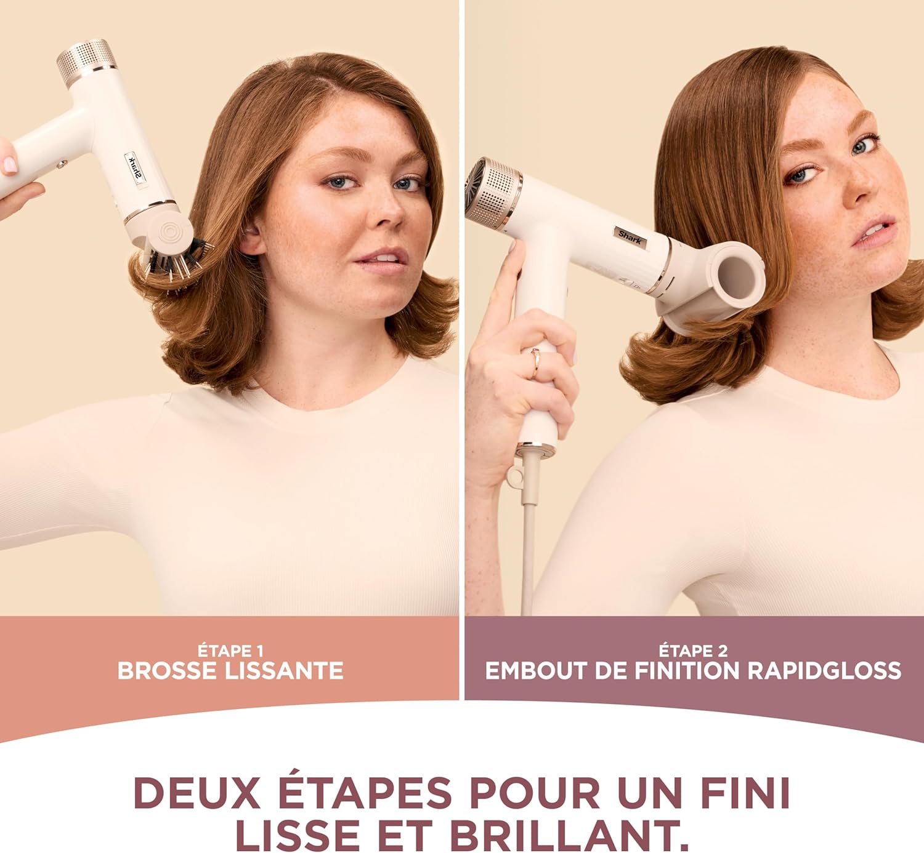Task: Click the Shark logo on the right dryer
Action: [630, 236]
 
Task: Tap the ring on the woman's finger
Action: [535, 362]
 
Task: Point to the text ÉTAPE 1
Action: [230, 651]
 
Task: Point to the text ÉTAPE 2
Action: [693, 651]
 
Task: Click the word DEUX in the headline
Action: [197, 793]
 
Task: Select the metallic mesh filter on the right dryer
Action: [493, 190]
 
